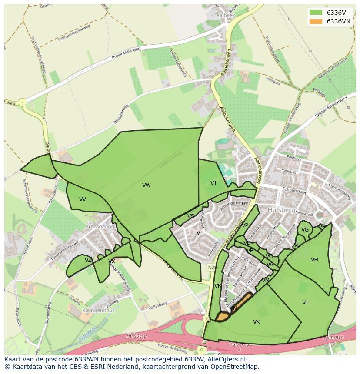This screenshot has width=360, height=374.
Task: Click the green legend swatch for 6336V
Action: click(x=316, y=12)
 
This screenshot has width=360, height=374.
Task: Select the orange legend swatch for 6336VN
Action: click(x=316, y=21)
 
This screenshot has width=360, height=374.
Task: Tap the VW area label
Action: click(x=146, y=185)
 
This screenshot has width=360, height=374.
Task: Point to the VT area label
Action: click(x=213, y=183)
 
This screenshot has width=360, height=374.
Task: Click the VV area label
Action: click(x=83, y=199)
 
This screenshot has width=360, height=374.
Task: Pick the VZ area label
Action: click(x=88, y=260)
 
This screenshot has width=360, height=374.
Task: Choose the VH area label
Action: click(x=314, y=260)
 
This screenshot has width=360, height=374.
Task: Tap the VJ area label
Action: click(x=305, y=302)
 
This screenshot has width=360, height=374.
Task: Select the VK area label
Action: click(x=256, y=322)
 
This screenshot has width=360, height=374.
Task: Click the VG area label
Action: click(x=305, y=230)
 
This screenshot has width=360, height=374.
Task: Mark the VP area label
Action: click(x=245, y=225)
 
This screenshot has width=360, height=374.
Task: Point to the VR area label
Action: click(x=218, y=286)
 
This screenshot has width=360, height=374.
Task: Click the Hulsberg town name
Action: click(x=281, y=209)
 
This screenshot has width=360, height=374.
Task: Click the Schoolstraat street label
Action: click(x=294, y=190)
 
